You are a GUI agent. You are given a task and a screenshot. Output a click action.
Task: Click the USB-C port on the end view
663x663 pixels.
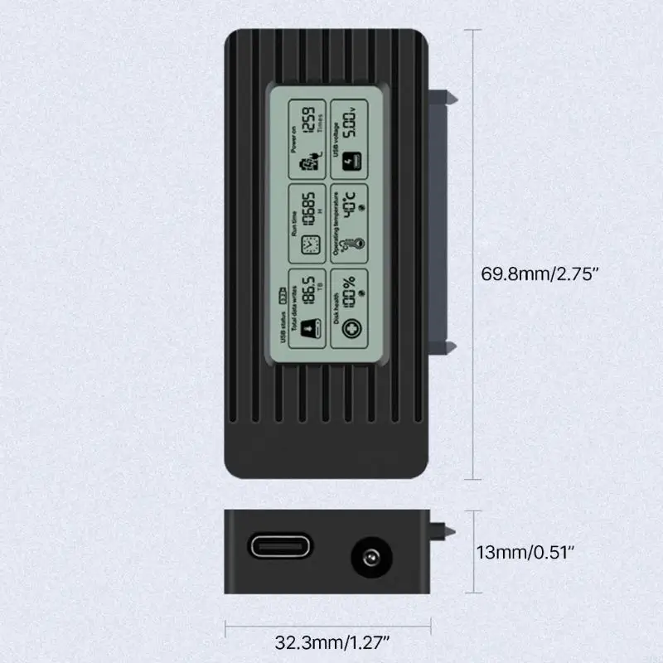tap(278, 547)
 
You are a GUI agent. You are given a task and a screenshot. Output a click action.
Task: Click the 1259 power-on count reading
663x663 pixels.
tap(307, 123)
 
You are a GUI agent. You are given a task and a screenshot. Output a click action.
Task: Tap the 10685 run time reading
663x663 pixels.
tap(306, 207)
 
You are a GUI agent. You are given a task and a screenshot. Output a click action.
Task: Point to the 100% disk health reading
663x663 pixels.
tap(351, 292)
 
